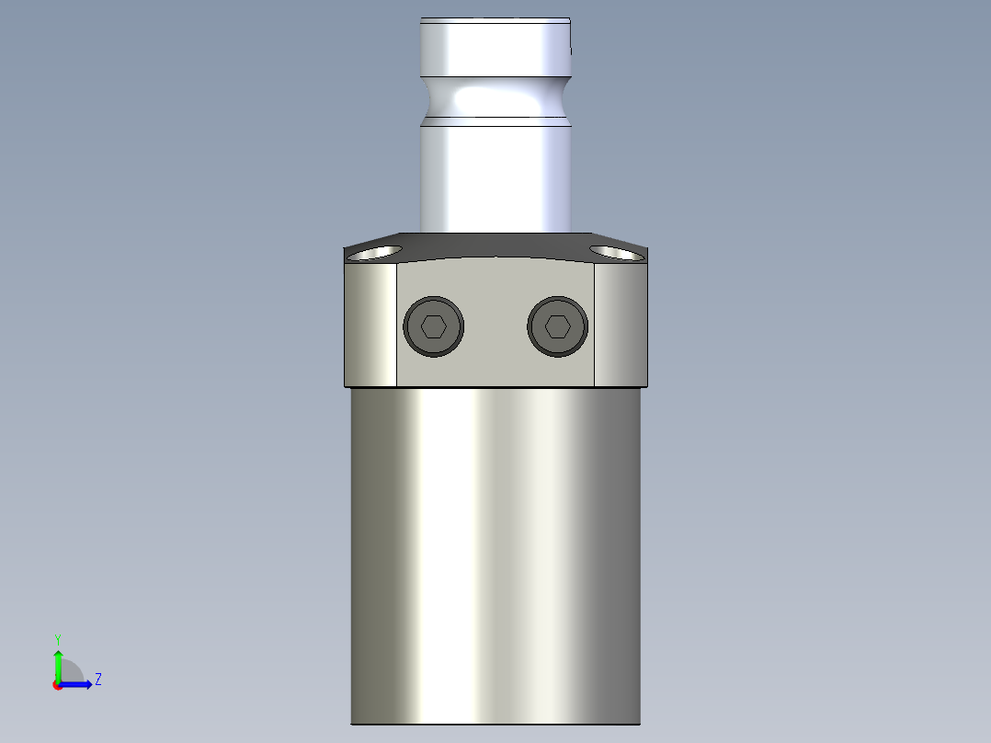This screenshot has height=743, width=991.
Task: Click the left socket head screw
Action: (434, 326)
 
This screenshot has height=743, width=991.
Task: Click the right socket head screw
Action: (558, 326)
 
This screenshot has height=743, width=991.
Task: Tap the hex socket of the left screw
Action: (434, 326)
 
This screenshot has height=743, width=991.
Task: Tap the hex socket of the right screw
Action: (558, 326)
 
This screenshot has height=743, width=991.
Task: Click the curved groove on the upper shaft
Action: (496, 97)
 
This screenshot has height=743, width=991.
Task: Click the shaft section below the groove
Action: (496, 175)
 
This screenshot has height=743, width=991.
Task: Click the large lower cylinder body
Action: (495, 552)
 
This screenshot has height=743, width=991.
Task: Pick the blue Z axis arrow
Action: (80, 683)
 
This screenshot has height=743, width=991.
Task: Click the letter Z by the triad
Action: (98, 680)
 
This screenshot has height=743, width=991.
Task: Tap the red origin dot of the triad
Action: (58, 685)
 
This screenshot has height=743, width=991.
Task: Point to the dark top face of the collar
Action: (496, 244)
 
